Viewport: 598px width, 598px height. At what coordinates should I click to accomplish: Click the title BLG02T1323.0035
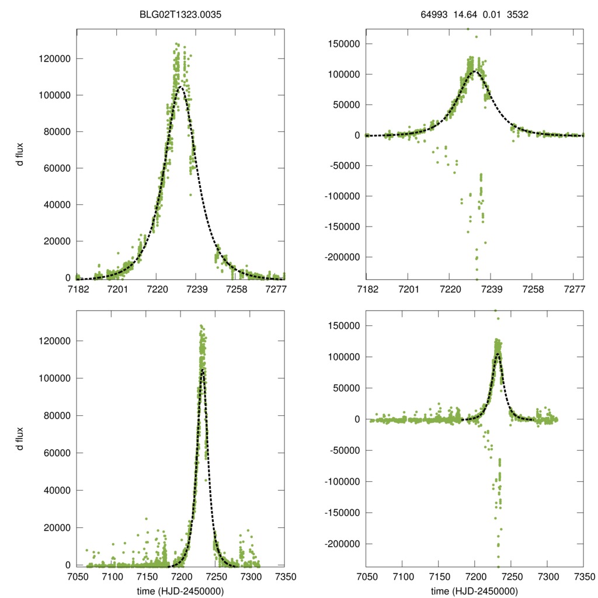pyautogui.click(x=180, y=15)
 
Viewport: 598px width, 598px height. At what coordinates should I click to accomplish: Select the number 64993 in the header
pyautogui.click(x=433, y=15)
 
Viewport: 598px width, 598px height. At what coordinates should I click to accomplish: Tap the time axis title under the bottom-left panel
pyautogui.click(x=180, y=591)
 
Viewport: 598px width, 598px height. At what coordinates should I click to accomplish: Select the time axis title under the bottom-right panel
pyautogui.click(x=474, y=591)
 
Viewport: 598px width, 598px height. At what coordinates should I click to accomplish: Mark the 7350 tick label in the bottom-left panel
pyautogui.click(x=284, y=576)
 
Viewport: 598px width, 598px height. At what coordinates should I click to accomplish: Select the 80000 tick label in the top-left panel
pyautogui.click(x=56, y=131)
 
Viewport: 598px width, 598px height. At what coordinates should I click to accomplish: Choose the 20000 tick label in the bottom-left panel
pyautogui.click(x=56, y=527)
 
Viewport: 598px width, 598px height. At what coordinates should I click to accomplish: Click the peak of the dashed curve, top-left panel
pyautogui.click(x=182, y=86)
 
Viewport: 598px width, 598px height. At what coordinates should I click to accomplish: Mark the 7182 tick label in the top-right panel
pyautogui.click(x=367, y=290)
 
